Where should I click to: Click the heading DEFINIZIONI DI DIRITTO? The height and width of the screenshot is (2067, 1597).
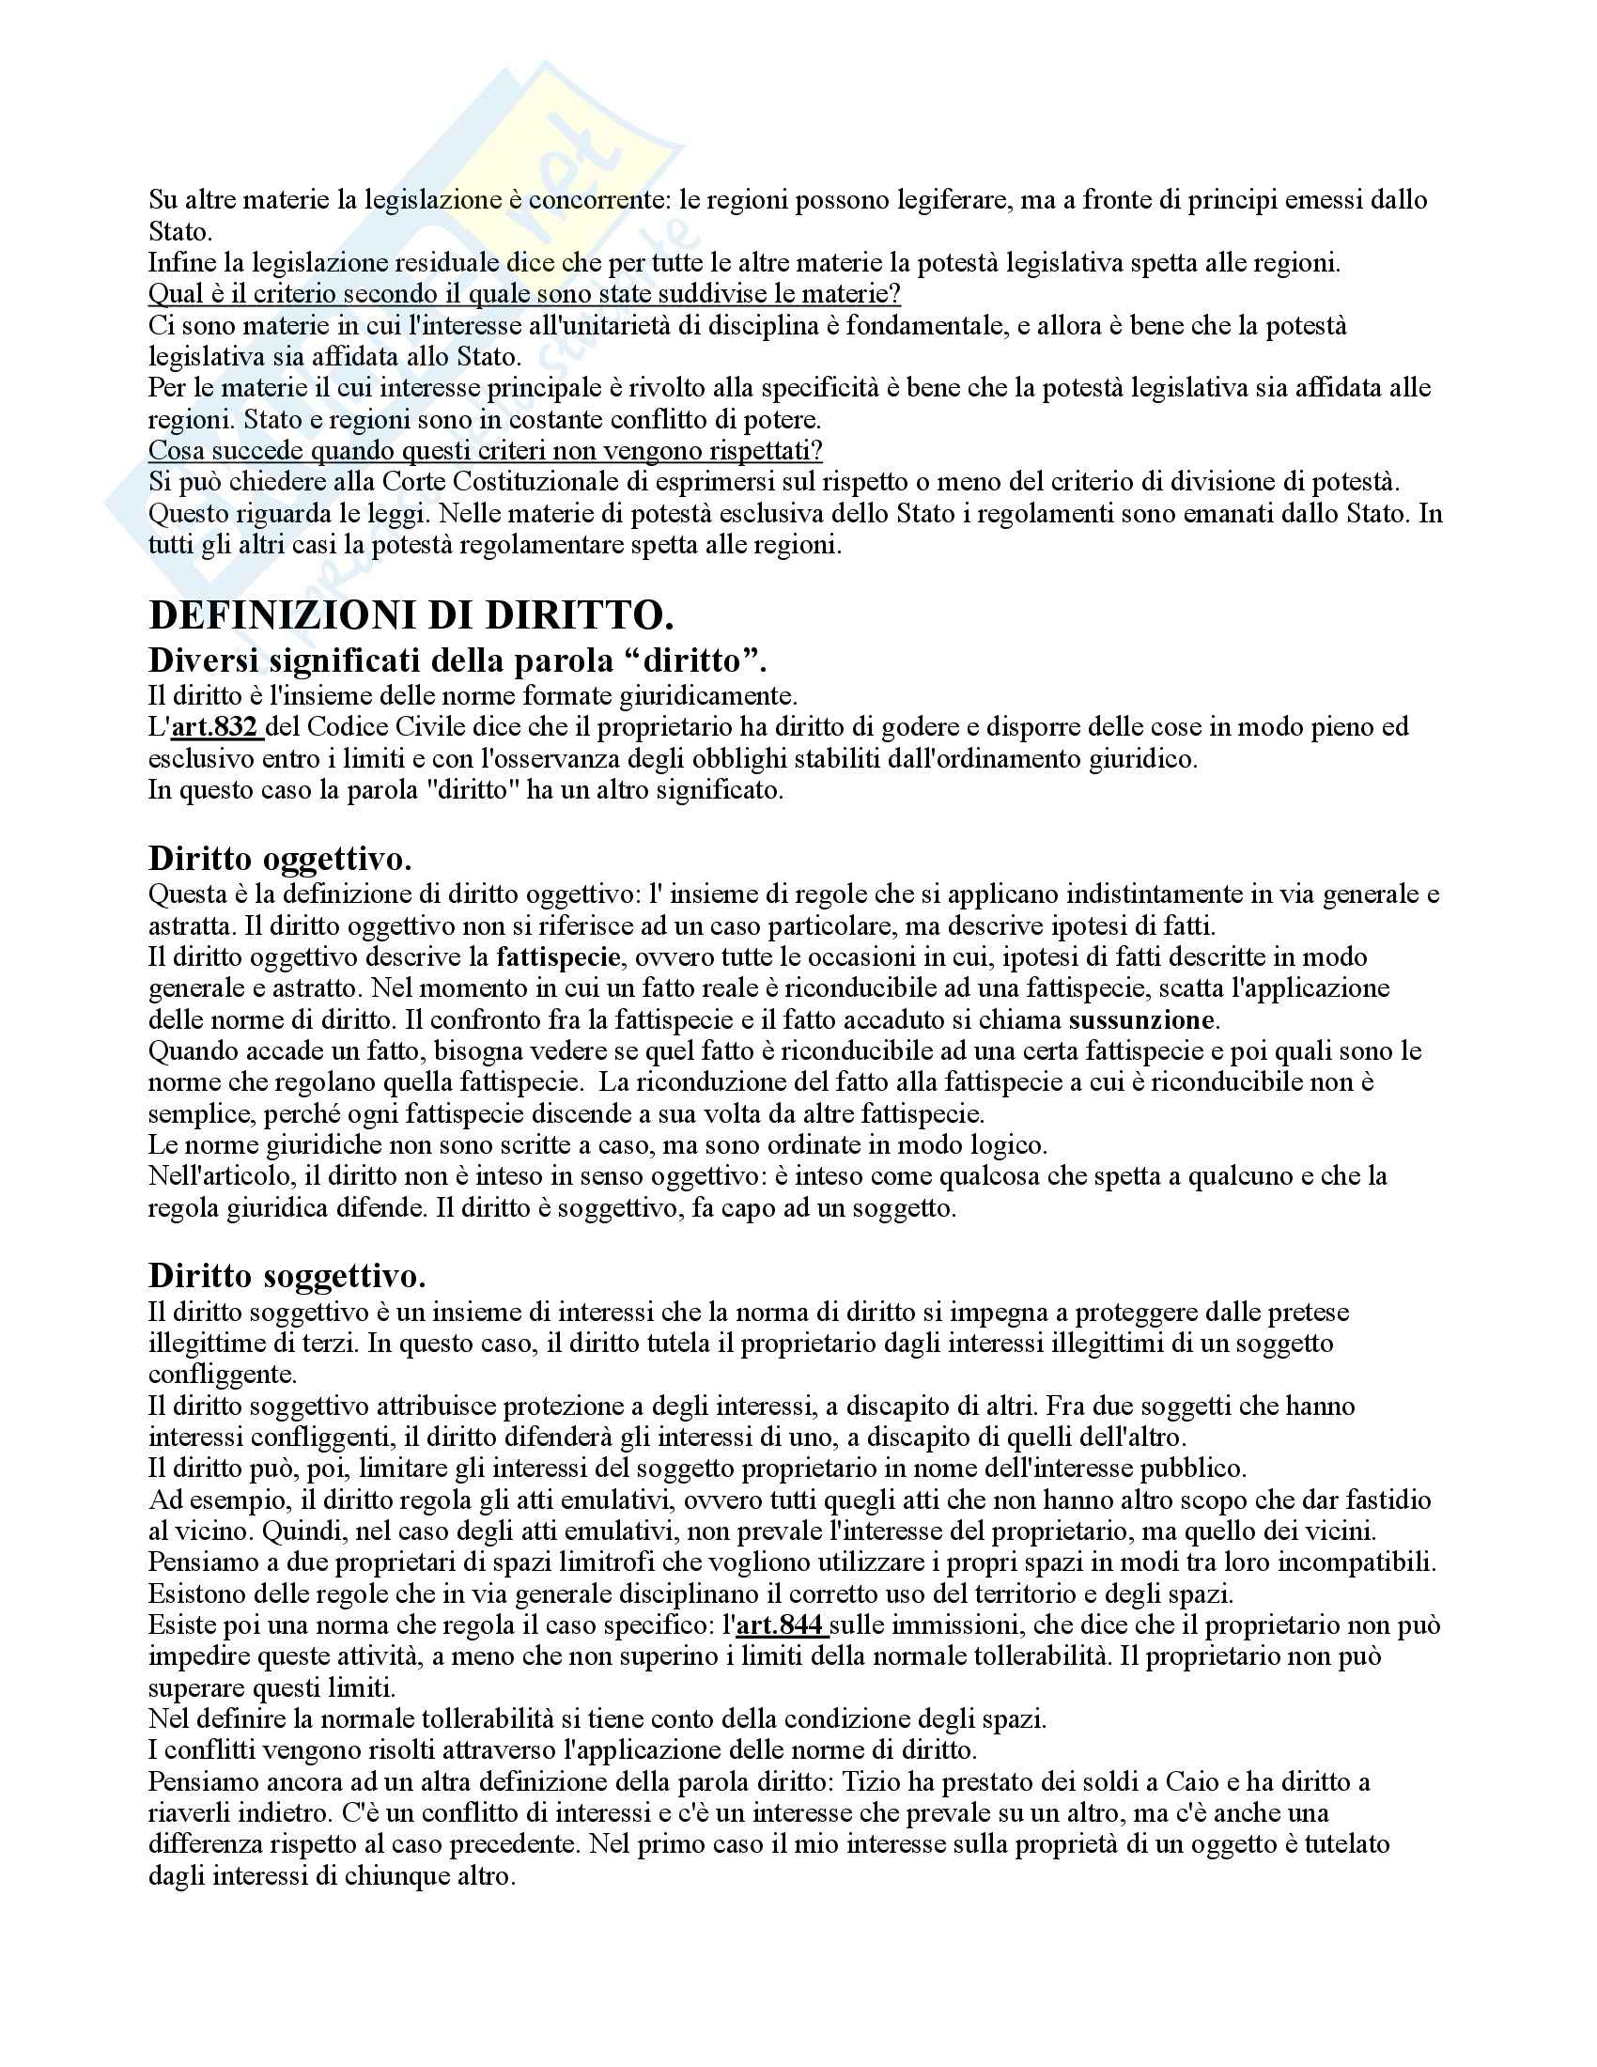click(411, 616)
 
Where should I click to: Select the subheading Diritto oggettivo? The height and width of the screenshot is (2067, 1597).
click(280, 858)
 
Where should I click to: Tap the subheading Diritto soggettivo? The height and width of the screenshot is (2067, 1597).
click(287, 1276)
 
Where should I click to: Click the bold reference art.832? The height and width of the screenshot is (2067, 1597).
click(216, 727)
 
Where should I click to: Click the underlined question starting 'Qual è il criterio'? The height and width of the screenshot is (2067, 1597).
click(524, 294)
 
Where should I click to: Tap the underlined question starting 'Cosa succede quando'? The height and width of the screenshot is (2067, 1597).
click(486, 450)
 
